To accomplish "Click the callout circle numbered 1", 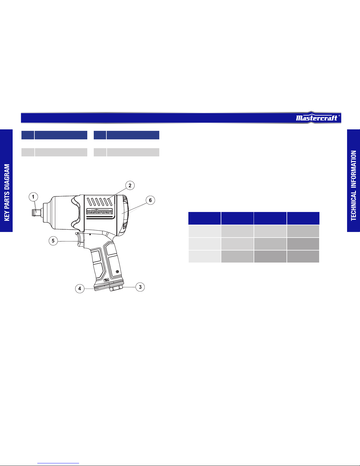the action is [33, 197].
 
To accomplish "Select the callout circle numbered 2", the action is [130, 186].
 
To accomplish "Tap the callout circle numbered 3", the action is [140, 287].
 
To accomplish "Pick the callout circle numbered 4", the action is [80, 289].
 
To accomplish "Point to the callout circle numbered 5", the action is [53, 241].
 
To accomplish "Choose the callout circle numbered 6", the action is [150, 200].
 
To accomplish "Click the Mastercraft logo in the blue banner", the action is [317, 118].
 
